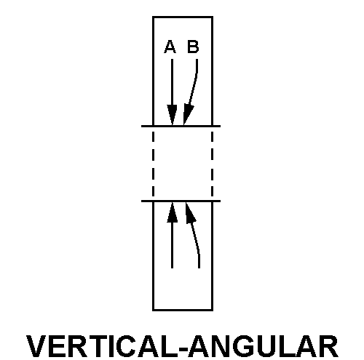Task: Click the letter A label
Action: (x=170, y=47)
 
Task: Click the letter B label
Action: (x=193, y=47)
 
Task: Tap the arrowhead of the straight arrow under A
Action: (x=172, y=115)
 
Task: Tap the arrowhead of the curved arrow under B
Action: (x=188, y=114)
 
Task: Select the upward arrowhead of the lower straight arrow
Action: (x=172, y=212)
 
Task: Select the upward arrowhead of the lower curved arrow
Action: (x=190, y=212)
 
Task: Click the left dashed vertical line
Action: (x=153, y=164)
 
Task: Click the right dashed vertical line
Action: (x=213, y=164)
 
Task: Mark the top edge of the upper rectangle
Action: (x=183, y=17)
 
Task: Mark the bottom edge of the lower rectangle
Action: (x=183, y=310)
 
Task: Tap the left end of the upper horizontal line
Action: (x=142, y=126)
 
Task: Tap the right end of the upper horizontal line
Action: (x=221, y=126)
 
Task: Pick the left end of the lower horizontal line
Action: (x=142, y=201)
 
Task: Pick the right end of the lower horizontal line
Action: (x=221, y=201)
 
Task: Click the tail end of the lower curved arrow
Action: (x=199, y=268)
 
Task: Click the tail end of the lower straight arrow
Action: (x=172, y=268)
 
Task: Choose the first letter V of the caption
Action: (x=36, y=346)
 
